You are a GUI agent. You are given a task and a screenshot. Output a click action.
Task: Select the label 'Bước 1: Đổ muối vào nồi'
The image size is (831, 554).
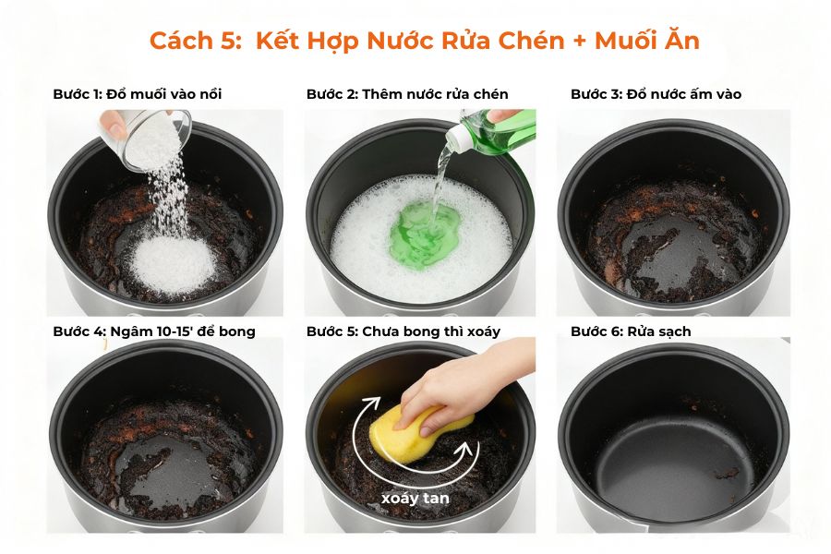(x=137, y=94)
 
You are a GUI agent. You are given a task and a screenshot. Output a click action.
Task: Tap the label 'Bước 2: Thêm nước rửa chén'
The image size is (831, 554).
(x=407, y=94)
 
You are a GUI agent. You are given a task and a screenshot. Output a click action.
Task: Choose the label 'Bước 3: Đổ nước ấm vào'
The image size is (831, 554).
(x=656, y=94)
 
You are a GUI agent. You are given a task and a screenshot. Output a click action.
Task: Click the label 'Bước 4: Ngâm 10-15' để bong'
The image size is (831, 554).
(x=153, y=331)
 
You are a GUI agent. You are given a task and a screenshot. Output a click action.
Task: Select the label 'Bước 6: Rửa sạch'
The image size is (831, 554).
(x=630, y=331)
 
